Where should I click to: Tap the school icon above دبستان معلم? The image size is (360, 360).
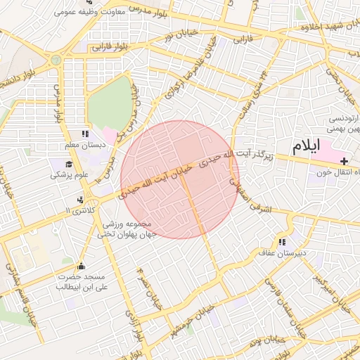pyautogui.click(x=85, y=134)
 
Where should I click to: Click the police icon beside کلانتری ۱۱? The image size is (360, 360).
pyautogui.click(x=82, y=200)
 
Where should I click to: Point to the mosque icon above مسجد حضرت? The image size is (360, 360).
pyautogui.click(x=81, y=266)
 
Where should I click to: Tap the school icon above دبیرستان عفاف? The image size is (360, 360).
pyautogui.click(x=283, y=241)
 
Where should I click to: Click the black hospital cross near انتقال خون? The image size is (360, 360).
pyautogui.click(x=343, y=162)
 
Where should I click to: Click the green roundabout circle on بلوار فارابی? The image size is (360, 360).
pyautogui.click(x=55, y=60)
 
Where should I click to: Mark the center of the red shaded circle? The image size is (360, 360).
pyautogui.click(x=180, y=179)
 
